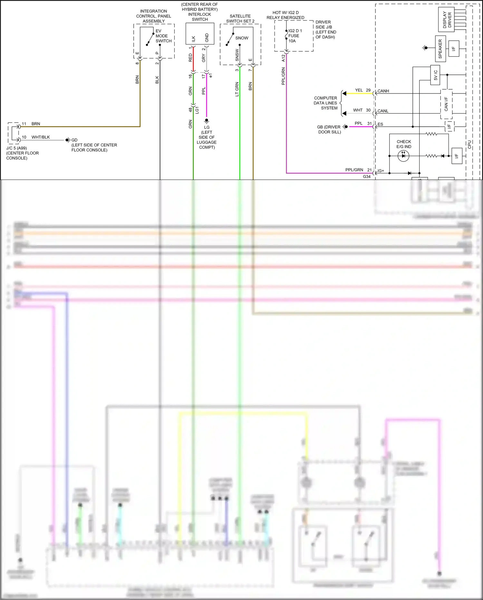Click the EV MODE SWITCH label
tap(163, 36)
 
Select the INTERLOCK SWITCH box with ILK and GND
tap(200, 34)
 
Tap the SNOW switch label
tap(242, 38)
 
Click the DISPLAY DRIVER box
tap(446, 19)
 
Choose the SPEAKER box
tap(440, 49)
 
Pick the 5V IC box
tap(435, 75)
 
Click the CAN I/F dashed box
tap(446, 104)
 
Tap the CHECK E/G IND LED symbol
tap(403, 156)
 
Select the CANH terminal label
tap(383, 91)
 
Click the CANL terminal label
tap(383, 111)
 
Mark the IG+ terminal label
tap(381, 171)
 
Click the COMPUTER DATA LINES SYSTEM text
tap(325, 103)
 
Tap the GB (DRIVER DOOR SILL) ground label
tap(329, 129)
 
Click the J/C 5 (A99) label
tap(16, 148)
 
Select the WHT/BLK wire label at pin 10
tap(41, 137)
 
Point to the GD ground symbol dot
tap(67, 140)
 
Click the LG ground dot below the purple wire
tap(207, 120)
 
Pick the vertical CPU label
tap(469, 144)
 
